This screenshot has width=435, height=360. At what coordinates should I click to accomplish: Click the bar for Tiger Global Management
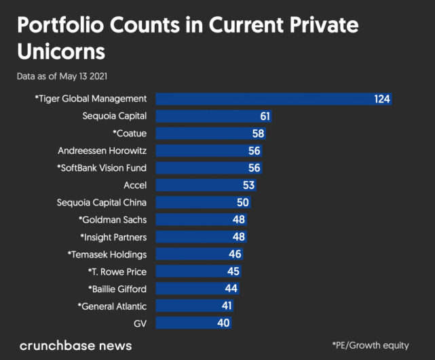(271, 99)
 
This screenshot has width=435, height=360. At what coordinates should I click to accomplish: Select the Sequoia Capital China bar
(202, 203)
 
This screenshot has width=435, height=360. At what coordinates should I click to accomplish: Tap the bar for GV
(193, 323)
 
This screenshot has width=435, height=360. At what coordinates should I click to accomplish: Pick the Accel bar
(205, 185)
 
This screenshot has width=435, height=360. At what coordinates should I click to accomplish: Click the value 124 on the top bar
(382, 99)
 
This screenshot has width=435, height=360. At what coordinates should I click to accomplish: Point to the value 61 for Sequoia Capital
(265, 117)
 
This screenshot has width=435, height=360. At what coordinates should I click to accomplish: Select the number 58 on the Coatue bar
(258, 134)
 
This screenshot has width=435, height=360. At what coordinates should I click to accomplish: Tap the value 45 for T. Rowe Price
(233, 272)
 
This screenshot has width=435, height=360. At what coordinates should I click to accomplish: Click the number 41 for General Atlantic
(226, 306)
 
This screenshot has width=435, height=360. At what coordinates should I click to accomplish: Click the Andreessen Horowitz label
(102, 151)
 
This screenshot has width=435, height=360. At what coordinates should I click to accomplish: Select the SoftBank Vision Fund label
(102, 168)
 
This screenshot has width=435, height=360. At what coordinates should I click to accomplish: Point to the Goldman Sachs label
(113, 220)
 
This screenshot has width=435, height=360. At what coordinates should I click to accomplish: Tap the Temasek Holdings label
(107, 254)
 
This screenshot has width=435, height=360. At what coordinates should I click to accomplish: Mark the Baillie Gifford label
(117, 289)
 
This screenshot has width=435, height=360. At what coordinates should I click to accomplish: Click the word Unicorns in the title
(62, 52)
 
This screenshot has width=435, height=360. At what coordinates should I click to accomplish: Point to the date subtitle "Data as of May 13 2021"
(62, 77)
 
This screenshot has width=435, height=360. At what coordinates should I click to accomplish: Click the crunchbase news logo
(75, 346)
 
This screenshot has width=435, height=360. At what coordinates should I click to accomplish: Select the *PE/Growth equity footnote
(371, 346)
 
